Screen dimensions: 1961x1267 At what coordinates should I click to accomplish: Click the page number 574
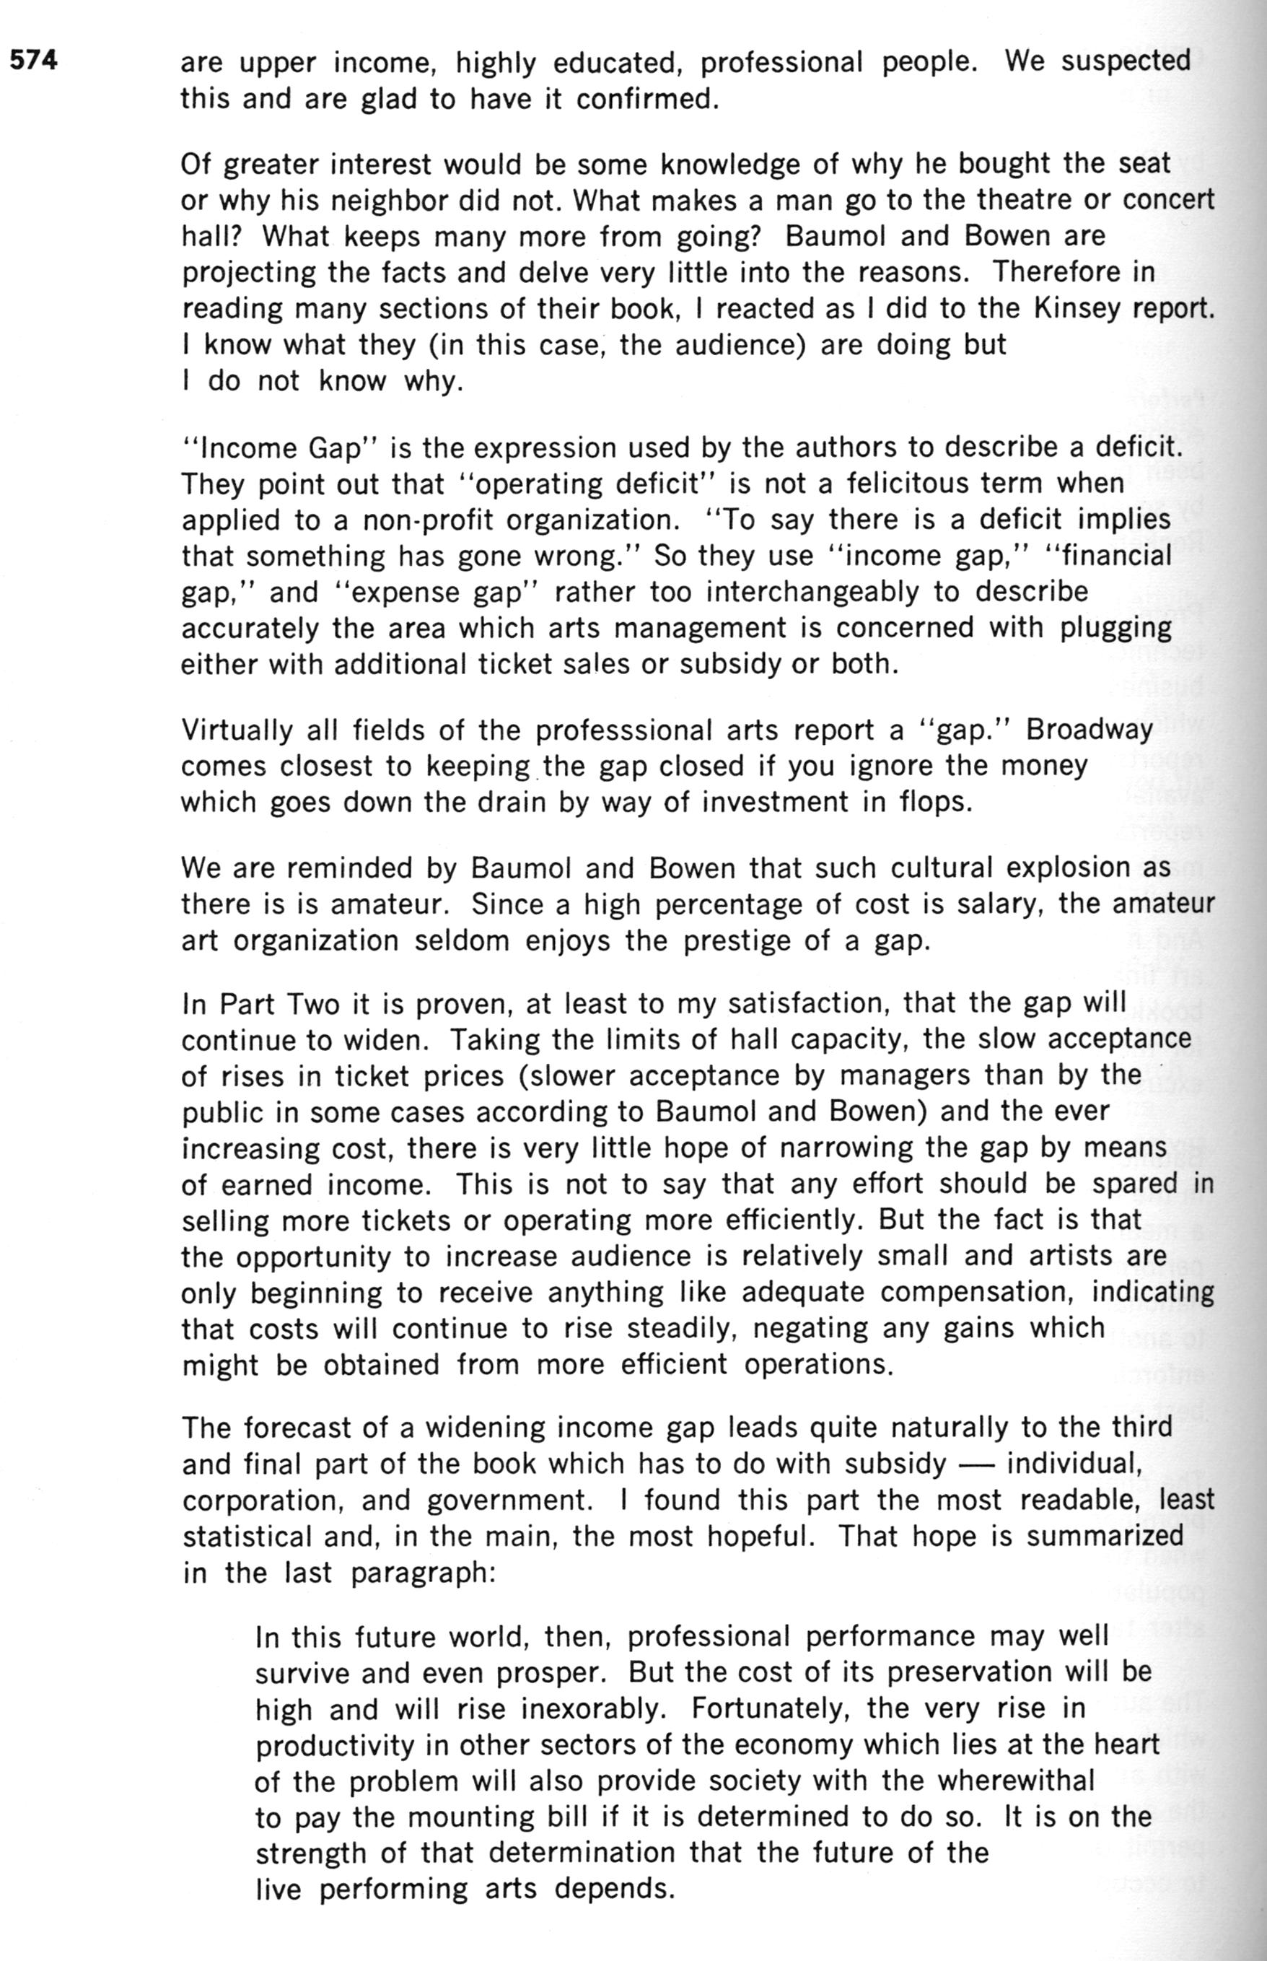click(x=34, y=60)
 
